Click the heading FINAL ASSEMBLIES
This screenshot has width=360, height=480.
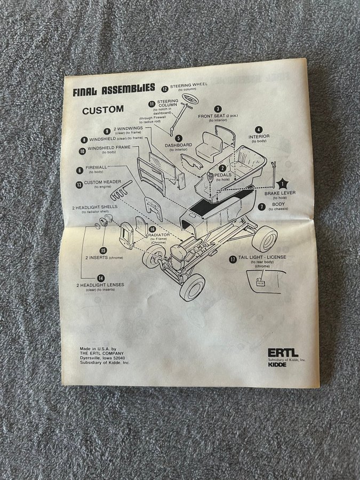114,89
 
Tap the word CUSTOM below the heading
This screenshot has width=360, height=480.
103,110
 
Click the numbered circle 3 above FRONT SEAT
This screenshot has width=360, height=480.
218,108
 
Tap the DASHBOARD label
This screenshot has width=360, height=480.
179,145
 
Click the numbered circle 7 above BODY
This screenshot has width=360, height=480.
262,206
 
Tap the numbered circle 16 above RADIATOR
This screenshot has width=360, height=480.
152,229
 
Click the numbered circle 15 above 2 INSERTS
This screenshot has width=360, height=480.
103,250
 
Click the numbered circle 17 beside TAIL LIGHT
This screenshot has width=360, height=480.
233,259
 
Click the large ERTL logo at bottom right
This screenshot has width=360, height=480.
284,353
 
